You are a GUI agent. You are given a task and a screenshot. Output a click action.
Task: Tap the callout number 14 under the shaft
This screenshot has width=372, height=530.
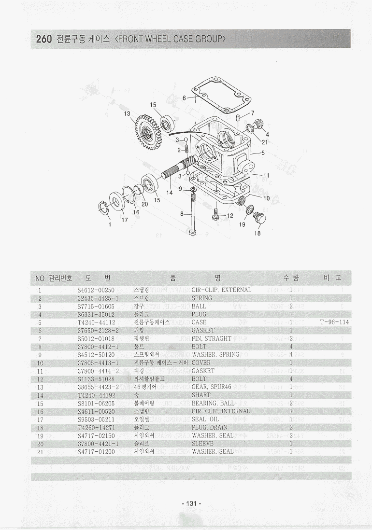point(170,193)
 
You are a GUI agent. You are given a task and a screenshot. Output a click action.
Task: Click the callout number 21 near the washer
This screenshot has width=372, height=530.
point(264,142)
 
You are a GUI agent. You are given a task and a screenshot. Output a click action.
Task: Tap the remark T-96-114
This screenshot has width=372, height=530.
point(334,322)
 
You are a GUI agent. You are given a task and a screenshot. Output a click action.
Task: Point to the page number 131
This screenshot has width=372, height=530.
point(191,503)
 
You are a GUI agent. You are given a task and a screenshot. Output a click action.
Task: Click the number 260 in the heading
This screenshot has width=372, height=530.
point(43,40)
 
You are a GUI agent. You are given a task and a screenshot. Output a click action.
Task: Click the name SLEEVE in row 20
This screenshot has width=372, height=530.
point(202,444)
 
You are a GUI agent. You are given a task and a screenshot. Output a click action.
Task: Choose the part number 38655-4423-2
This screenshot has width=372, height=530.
point(98,387)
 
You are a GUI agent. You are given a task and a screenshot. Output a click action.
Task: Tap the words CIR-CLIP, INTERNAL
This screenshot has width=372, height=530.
point(221,411)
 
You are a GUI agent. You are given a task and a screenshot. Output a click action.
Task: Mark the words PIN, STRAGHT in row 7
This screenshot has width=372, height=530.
point(212,338)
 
